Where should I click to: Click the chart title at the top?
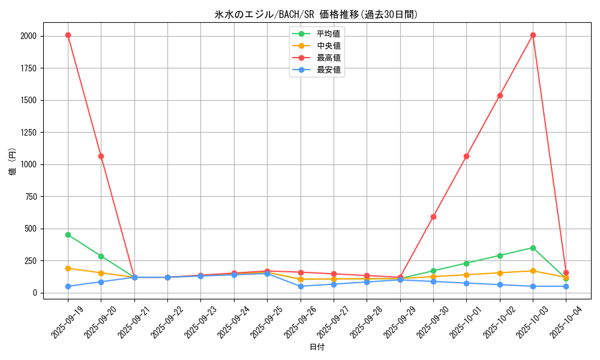pyautogui.click(x=316, y=14)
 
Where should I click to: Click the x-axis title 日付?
pyautogui.click(x=316, y=347)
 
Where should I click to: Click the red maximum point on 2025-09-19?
pyautogui.click(x=68, y=35)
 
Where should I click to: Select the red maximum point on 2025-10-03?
pyautogui.click(x=533, y=35)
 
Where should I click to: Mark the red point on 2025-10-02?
pyautogui.click(x=500, y=95)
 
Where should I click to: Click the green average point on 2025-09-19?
pyautogui.click(x=68, y=235)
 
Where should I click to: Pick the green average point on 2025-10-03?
pyautogui.click(x=533, y=248)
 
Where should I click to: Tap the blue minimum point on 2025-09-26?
pyautogui.click(x=301, y=286)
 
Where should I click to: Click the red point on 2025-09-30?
pyautogui.click(x=433, y=217)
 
